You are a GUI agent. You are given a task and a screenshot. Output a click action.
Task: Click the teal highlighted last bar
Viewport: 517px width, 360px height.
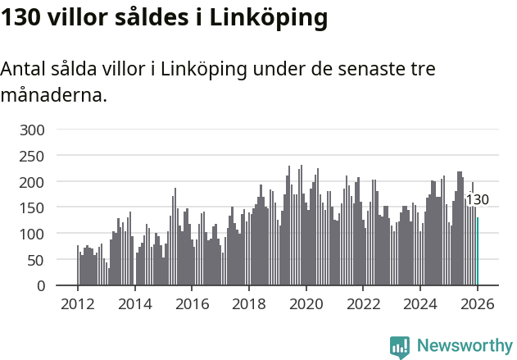(478, 251)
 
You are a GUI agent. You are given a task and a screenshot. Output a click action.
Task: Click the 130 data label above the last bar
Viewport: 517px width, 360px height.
(477, 200)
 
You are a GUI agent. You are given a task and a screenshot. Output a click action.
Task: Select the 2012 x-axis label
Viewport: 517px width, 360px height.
(78, 303)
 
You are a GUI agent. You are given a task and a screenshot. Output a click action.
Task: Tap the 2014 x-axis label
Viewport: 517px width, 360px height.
(135, 303)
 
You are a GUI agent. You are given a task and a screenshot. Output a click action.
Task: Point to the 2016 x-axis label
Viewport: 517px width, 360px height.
(192, 303)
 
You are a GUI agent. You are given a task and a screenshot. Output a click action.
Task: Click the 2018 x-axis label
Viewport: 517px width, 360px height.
(249, 303)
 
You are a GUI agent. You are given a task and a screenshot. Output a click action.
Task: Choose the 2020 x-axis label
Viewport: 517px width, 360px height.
(306, 303)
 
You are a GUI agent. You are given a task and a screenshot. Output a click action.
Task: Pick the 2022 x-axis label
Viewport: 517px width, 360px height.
(363, 303)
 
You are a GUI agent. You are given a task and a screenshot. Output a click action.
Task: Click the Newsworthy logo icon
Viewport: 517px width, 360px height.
(400, 347)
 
